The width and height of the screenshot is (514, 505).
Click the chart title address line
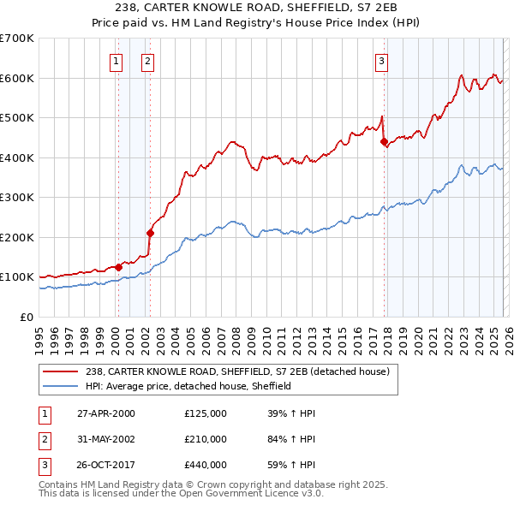tap(256, 8)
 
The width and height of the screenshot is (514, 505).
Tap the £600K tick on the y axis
tap(16, 78)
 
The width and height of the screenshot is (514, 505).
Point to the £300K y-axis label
tap(16, 198)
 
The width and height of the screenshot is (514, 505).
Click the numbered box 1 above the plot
tap(116, 61)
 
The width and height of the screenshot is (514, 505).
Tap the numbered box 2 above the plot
tap(147, 61)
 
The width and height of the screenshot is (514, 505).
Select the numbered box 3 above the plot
tap(381, 61)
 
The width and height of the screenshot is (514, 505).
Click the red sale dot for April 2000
tap(119, 267)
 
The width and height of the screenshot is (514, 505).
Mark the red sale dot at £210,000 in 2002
tap(150, 232)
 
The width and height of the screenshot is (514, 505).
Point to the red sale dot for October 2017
tap(384, 141)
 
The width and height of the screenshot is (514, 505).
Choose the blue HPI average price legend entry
tap(188, 386)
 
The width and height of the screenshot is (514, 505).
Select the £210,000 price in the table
tap(206, 439)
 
